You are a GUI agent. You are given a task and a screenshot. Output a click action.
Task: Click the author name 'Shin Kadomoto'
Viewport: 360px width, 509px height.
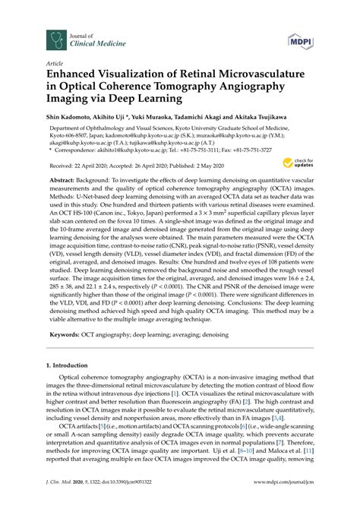pyautogui.click(x=71, y=118)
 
